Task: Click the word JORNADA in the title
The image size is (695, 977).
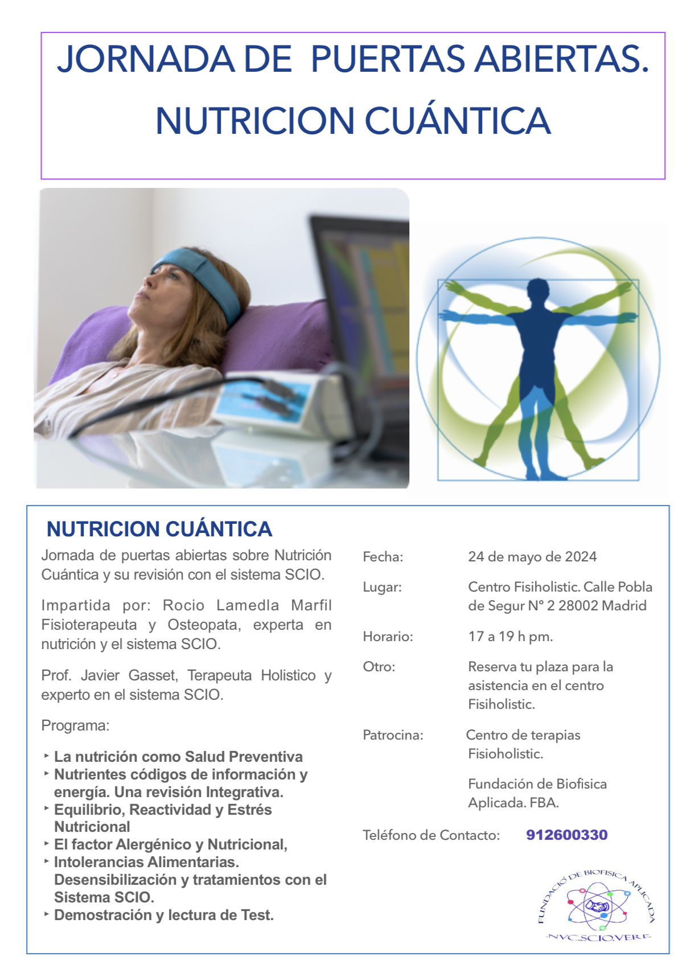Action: click(x=146, y=59)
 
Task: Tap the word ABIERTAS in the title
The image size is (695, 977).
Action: click(x=561, y=59)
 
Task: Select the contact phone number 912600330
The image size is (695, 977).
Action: click(x=567, y=835)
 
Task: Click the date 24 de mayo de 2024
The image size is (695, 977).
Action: click(x=532, y=557)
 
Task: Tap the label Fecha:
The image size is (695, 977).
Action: click(x=383, y=557)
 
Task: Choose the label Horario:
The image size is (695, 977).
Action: click(x=388, y=637)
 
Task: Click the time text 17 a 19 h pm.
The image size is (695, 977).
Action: click(x=511, y=637)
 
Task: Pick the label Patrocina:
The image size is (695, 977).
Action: click(x=393, y=735)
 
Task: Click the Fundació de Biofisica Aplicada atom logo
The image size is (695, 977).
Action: click(x=597, y=906)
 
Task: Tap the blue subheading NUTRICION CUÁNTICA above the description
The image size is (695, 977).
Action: click(x=159, y=529)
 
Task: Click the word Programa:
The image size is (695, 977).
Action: click(x=75, y=726)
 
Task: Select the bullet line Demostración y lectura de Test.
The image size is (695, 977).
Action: click(x=164, y=915)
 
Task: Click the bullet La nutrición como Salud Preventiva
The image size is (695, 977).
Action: click(x=178, y=757)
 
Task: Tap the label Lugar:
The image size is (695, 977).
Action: click(x=383, y=587)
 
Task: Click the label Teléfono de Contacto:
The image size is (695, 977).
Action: click(x=431, y=835)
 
